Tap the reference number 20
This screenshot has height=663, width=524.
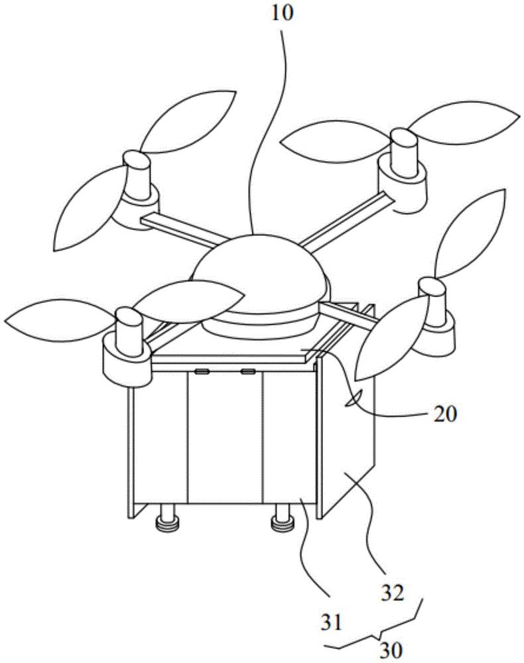[x=444, y=414]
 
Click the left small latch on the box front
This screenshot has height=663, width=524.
[x=201, y=372]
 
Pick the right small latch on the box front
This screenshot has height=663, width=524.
[x=247, y=372]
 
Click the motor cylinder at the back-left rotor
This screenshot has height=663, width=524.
[x=137, y=176]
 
